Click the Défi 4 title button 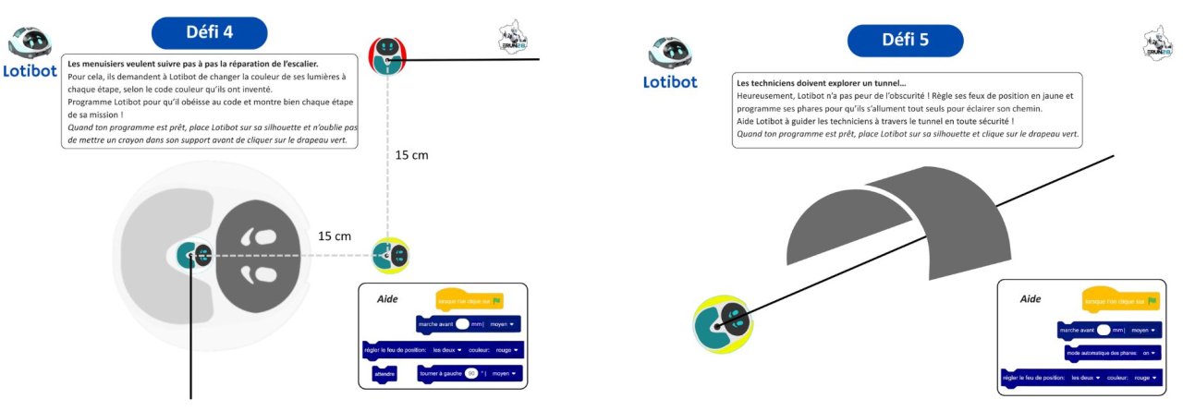tap(209, 33)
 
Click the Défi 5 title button tap(905, 41)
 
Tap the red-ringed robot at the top tap(387, 55)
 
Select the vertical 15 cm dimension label tap(411, 155)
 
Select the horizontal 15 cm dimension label tap(335, 236)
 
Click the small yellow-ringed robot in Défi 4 tap(390, 255)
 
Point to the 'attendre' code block tap(384, 374)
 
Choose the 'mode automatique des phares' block tap(1114, 352)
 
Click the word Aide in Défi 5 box tap(1031, 299)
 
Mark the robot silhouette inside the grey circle tap(195, 256)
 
